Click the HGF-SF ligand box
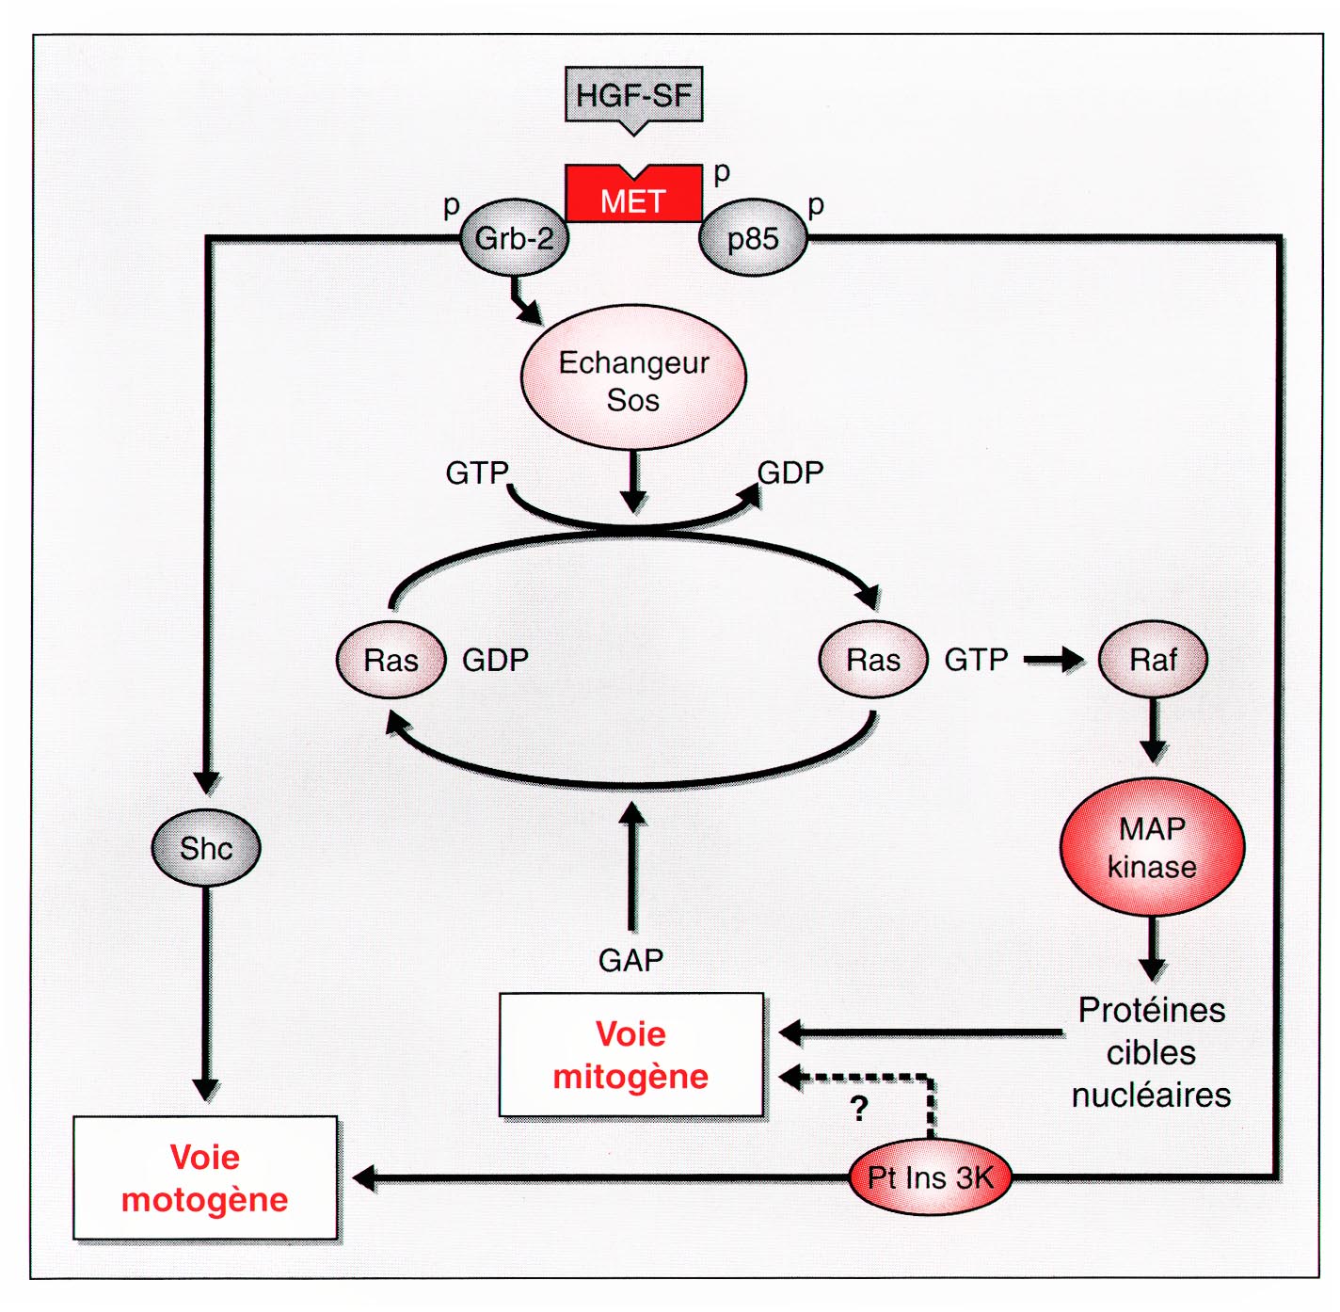pos(633,95)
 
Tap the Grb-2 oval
pos(515,238)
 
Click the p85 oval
pos(753,238)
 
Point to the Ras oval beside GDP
pos(391,660)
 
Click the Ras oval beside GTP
pos(873,660)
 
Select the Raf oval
pos(1153,660)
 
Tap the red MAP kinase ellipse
pos(1152,847)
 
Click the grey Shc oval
pos(206,848)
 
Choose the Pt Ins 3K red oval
pos(930,1177)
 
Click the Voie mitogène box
pos(630,1055)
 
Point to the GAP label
pos(630,960)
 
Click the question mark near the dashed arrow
pos(858,1109)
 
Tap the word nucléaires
pos(1151,1095)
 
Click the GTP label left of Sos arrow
pos(476,472)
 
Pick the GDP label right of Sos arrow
pos(790,472)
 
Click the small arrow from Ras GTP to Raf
pos(1053,660)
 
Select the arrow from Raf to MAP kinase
pos(1153,730)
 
